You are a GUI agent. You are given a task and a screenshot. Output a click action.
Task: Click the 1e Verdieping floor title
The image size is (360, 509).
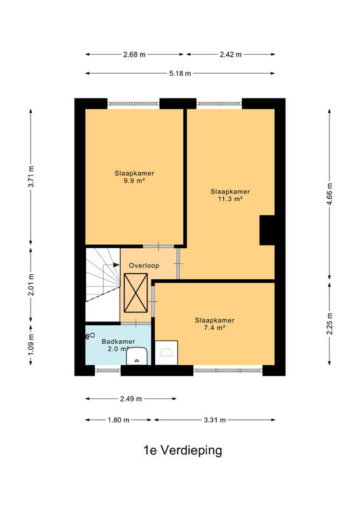(x=183, y=450)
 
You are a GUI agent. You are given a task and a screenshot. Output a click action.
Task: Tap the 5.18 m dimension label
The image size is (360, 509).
(x=180, y=73)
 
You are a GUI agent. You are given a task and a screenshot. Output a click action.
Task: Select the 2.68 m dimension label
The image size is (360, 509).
(x=134, y=55)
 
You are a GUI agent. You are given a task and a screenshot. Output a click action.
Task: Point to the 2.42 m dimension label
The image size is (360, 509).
(x=230, y=55)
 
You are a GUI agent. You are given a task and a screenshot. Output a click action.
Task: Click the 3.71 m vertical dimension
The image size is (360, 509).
(x=31, y=177)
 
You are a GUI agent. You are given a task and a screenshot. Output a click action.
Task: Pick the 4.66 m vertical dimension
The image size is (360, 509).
(x=329, y=194)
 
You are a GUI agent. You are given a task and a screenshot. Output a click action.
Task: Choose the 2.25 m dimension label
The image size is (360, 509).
(x=329, y=324)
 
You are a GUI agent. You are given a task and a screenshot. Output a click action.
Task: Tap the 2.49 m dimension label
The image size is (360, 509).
(x=131, y=399)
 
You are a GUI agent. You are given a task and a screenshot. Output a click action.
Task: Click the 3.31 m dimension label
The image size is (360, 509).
(x=214, y=420)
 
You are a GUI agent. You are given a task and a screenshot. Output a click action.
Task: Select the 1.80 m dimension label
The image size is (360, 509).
(x=118, y=420)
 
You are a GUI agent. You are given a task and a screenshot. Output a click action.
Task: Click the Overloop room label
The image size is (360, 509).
(x=144, y=265)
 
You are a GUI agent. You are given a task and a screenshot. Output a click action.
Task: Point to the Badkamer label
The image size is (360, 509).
(x=118, y=342)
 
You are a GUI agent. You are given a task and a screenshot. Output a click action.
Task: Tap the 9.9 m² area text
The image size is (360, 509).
(x=134, y=181)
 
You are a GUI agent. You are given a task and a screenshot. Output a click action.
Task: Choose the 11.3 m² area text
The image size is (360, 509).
(x=230, y=199)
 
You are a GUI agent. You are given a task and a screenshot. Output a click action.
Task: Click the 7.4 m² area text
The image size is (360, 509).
(x=214, y=328)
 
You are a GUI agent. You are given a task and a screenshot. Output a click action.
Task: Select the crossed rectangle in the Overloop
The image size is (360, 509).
(x=135, y=293)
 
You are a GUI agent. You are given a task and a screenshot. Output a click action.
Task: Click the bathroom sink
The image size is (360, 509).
(x=137, y=356)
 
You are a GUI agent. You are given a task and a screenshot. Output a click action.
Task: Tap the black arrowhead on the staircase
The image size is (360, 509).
(x=116, y=265)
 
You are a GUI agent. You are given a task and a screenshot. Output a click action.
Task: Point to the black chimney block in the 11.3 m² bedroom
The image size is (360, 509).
(x=267, y=230)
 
